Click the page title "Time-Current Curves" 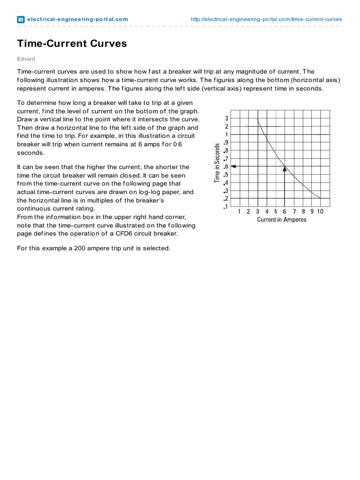(x=72, y=44)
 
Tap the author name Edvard (x=26, y=59)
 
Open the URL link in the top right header (x=266, y=19)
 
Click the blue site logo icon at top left (x=21, y=19)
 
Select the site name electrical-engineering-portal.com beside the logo (x=77, y=19)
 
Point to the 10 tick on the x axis (x=320, y=212)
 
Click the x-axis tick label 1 (x=240, y=212)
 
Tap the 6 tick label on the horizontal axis (x=285, y=212)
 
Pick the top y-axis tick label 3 (x=227, y=119)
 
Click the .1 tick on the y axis (x=226, y=207)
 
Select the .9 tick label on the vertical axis (x=226, y=143)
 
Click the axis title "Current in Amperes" (x=282, y=220)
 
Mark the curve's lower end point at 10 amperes (x=320, y=198)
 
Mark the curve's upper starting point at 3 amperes (x=258, y=120)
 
